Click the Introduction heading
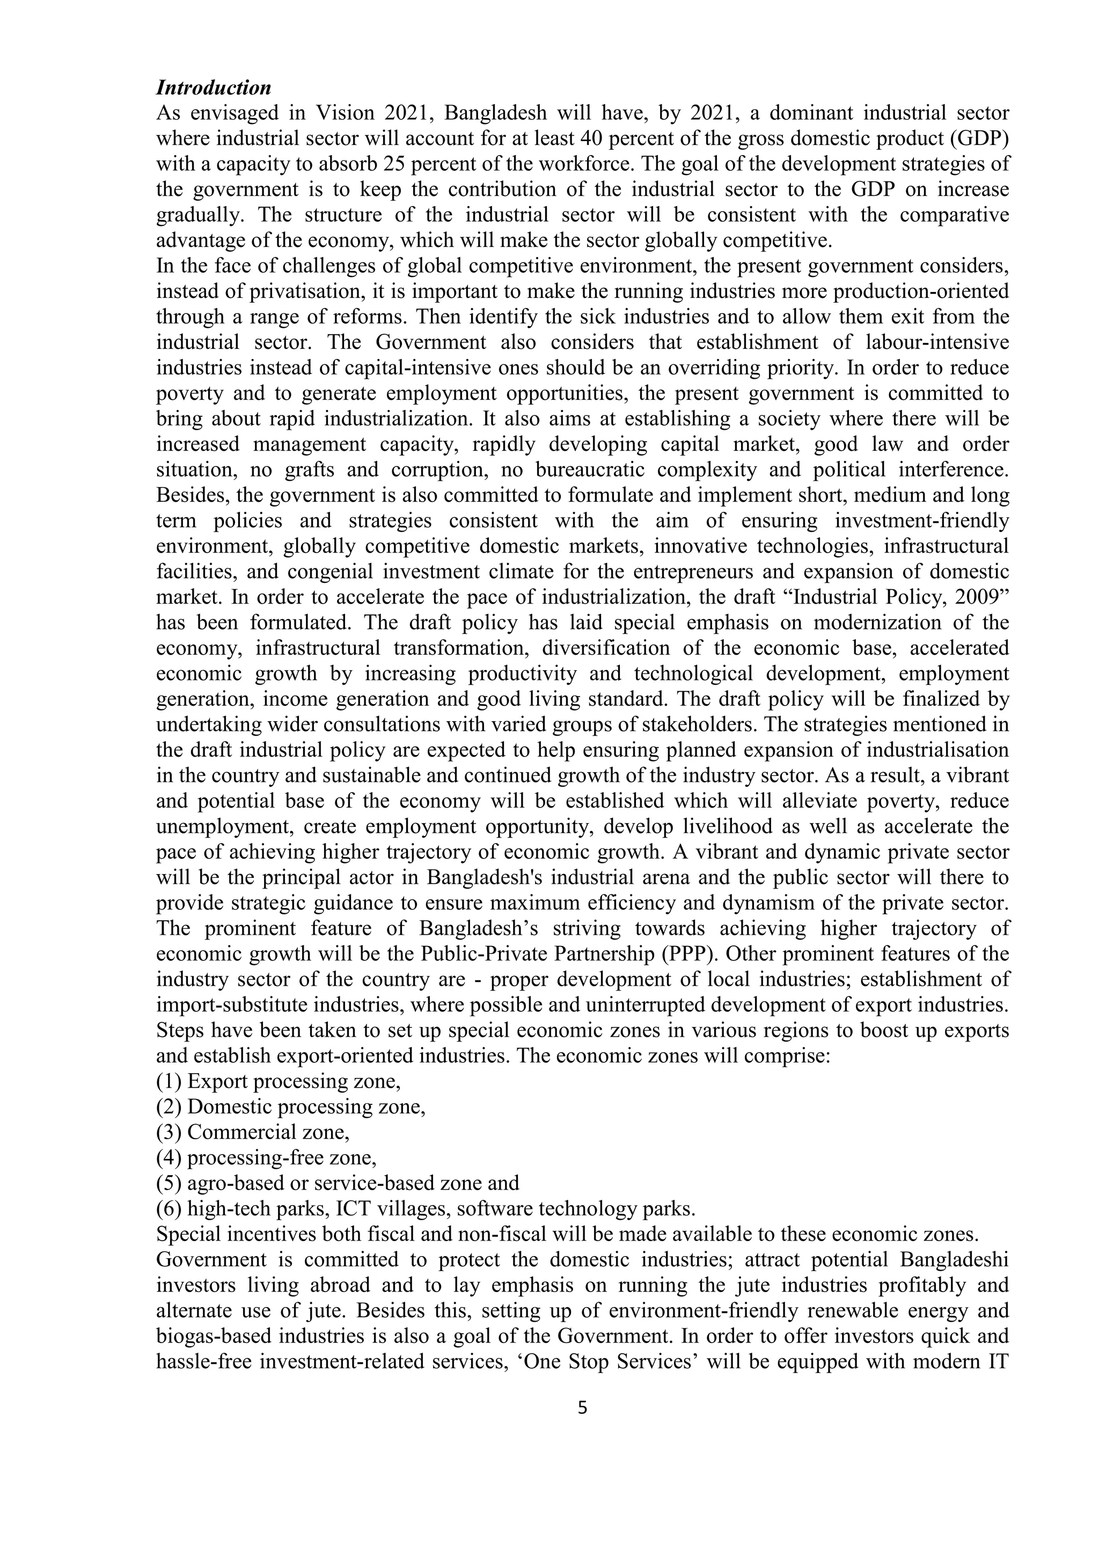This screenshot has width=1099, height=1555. [213, 87]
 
